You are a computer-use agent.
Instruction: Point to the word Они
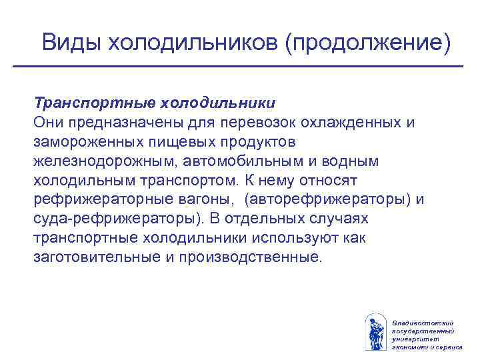(x=49, y=123)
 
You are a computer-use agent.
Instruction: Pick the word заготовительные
(x=93, y=258)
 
